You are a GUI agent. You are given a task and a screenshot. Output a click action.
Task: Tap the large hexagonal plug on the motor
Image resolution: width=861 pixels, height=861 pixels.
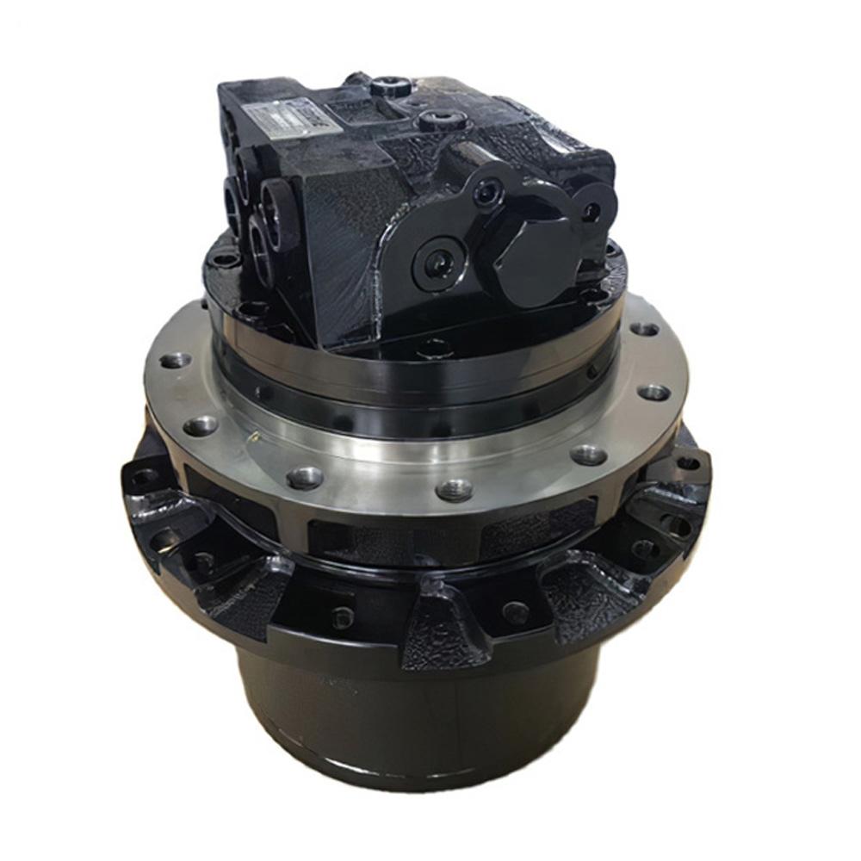[535, 253]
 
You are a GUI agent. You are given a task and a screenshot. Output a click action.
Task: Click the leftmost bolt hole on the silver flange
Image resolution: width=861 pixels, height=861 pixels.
[176, 360]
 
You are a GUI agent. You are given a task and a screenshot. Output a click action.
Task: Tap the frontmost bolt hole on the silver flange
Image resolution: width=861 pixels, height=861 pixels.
[455, 490]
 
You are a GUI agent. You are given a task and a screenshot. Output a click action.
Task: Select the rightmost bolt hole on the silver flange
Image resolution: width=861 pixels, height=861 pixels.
[654, 392]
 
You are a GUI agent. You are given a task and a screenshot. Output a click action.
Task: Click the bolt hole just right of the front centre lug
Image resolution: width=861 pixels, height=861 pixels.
[515, 613]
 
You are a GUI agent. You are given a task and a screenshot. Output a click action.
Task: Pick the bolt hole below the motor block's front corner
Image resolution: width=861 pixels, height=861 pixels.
[433, 348]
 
